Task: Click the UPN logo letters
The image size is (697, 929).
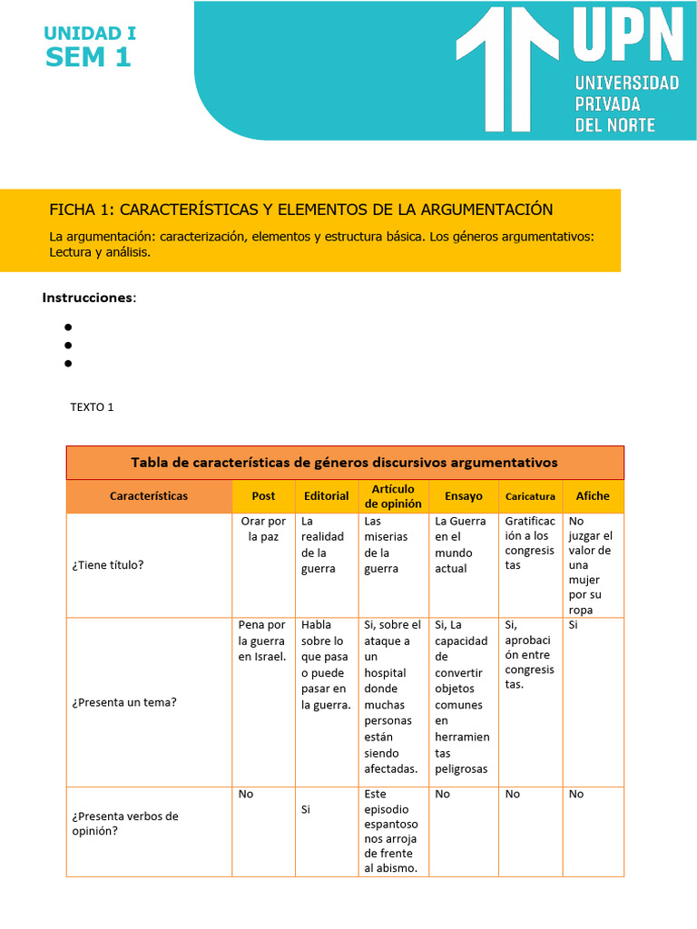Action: (x=627, y=38)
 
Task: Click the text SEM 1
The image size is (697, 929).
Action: (x=88, y=57)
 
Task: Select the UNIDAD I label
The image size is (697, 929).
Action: (x=90, y=34)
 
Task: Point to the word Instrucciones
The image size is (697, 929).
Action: (x=89, y=298)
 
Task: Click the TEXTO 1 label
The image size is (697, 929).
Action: (x=92, y=407)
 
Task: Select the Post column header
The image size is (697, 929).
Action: (x=263, y=496)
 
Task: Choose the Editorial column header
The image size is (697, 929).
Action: (x=326, y=496)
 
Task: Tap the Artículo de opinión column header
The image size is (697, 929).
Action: (x=393, y=496)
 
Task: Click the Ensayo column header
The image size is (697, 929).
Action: (x=463, y=496)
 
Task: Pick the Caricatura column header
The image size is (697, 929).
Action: (x=530, y=497)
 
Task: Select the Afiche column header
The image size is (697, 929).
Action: (x=593, y=496)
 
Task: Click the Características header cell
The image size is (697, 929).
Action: (x=149, y=496)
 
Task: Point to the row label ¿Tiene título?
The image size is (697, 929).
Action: (x=108, y=565)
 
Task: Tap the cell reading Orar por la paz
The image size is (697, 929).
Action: (x=263, y=529)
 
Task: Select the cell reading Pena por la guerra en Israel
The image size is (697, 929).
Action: (x=262, y=641)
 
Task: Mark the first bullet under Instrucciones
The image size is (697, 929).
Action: (x=68, y=327)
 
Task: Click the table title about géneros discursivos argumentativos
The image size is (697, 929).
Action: (x=345, y=463)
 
